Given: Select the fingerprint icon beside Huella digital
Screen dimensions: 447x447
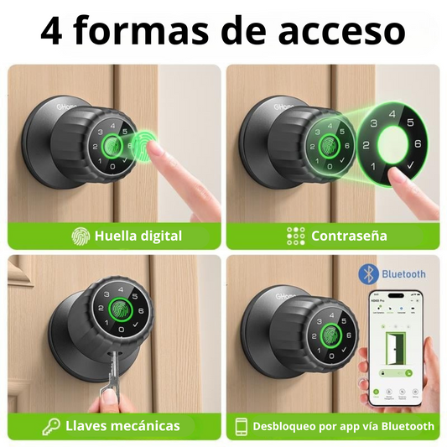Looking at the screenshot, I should tap(81, 236).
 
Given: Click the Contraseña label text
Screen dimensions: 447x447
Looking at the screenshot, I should tap(349, 236).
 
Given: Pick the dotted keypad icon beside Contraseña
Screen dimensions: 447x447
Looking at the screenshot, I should tap(296, 236).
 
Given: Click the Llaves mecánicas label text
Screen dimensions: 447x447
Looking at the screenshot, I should tap(122, 425).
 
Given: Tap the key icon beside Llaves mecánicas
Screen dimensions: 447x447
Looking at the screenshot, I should tap(52, 425).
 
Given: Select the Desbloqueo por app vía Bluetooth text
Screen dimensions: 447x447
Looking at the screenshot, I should tap(344, 426).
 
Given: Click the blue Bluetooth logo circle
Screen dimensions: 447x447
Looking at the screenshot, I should tap(366, 273).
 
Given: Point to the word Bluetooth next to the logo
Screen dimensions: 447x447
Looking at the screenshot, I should tap(403, 273).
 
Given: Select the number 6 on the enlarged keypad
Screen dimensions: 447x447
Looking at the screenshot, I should tap(415, 143).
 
